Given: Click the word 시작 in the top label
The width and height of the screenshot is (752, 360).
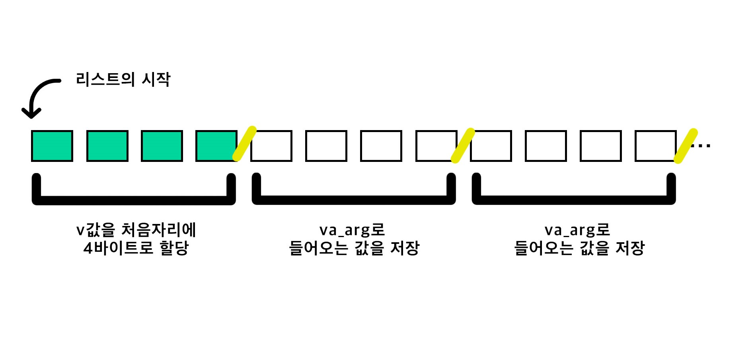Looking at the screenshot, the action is tap(156, 80).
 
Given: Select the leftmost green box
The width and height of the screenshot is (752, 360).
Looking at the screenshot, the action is tap(52, 146).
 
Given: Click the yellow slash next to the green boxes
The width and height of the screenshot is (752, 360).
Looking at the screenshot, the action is tap(244, 144).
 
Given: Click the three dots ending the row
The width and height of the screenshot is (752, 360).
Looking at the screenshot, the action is tap(701, 146).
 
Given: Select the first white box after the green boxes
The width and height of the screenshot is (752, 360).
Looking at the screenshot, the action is tap(271, 146).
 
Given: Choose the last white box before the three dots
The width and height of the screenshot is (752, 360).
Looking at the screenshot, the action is tap(655, 146).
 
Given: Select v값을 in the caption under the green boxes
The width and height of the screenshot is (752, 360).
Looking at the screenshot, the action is tap(95, 230).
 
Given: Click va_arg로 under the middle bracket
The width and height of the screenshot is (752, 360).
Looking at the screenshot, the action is tap(352, 230).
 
